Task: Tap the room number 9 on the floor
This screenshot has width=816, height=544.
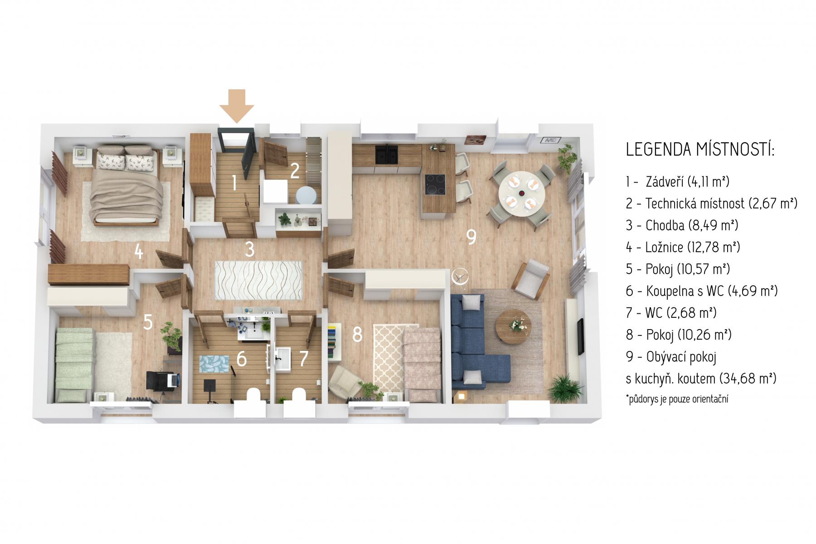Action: (x=471, y=236)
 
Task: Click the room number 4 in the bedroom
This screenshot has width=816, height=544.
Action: (x=138, y=251)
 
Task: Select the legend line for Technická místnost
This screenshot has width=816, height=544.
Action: (x=711, y=203)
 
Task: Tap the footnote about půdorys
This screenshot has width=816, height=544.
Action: (x=677, y=399)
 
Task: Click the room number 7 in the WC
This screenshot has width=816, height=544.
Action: (x=304, y=358)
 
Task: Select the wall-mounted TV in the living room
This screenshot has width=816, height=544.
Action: (x=580, y=337)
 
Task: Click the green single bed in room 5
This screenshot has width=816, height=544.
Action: (x=73, y=365)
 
